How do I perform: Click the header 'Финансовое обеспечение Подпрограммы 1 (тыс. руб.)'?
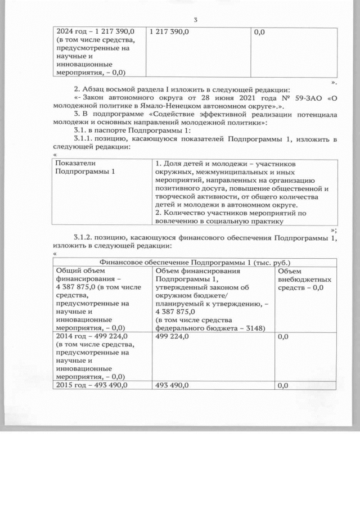pyautogui.click(x=195, y=262)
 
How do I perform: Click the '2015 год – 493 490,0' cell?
pyautogui.click(x=91, y=385)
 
